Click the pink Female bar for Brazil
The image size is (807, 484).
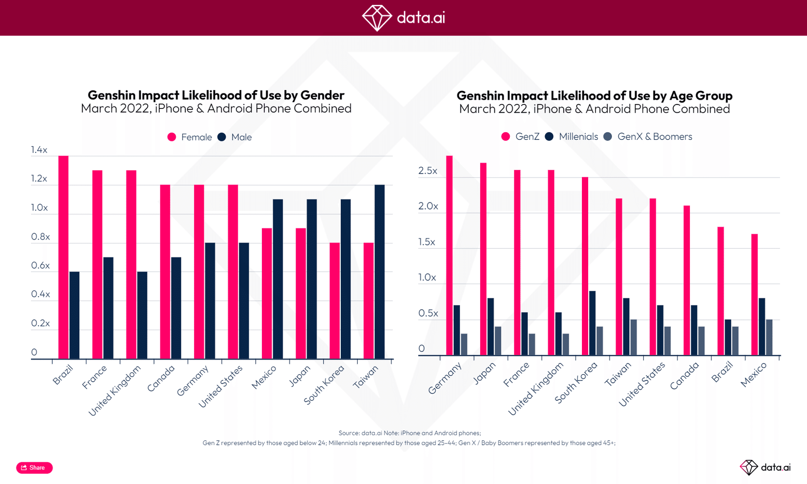[x=63, y=257]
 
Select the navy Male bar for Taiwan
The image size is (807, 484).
[x=380, y=272]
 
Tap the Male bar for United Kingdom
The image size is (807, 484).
[x=142, y=316]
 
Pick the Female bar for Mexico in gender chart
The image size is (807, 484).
[x=267, y=294]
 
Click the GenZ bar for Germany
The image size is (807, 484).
[x=449, y=256]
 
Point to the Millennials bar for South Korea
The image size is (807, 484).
[x=592, y=323]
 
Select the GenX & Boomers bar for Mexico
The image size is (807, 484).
[x=769, y=337]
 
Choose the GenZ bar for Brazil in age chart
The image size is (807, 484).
[x=720, y=291]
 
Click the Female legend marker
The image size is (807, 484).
[x=172, y=137]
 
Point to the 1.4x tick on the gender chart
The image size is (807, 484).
[x=39, y=150]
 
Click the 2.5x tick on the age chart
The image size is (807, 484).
[x=428, y=171]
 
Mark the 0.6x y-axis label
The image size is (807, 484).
[x=40, y=265]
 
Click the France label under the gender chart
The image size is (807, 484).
[x=94, y=378]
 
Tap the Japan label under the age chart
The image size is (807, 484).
[x=484, y=373]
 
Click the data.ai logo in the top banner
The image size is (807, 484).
[x=403, y=18]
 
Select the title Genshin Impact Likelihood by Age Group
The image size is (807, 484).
[x=594, y=95]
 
